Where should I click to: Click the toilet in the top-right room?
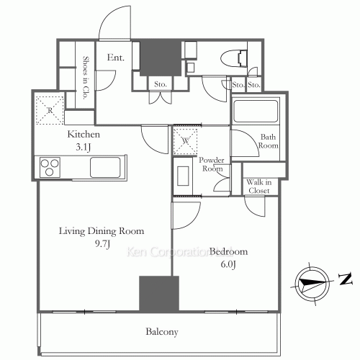point(233,58)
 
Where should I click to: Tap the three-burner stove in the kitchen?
point(50,167)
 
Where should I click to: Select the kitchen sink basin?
point(105,167)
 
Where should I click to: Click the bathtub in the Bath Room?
point(256,111)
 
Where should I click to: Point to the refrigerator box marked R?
point(50,110)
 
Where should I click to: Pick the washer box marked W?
point(185,141)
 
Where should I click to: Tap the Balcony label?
point(162,332)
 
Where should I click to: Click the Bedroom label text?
point(228,251)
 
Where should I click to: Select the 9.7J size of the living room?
point(102,244)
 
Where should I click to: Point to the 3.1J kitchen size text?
point(84,147)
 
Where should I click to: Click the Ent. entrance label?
point(116,58)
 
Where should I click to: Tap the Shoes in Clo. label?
point(85,78)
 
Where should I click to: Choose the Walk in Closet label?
point(259,186)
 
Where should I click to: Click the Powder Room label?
point(212,164)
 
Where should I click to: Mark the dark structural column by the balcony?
point(159,294)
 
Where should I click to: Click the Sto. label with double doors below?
point(161,84)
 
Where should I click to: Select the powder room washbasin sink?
point(183,176)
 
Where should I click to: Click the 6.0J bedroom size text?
point(228,264)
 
